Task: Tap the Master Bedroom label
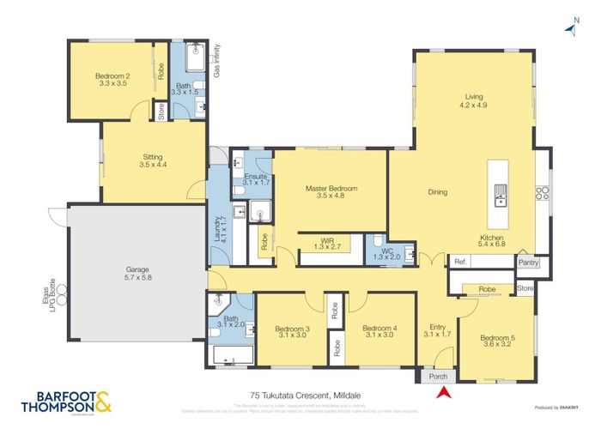click(331, 192)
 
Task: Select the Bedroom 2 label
click(112, 80)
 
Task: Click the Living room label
click(474, 100)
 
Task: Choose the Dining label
click(438, 192)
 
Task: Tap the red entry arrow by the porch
click(444, 393)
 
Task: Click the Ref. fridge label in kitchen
click(460, 262)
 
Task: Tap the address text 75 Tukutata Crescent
click(300, 396)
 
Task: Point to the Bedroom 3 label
click(292, 331)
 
